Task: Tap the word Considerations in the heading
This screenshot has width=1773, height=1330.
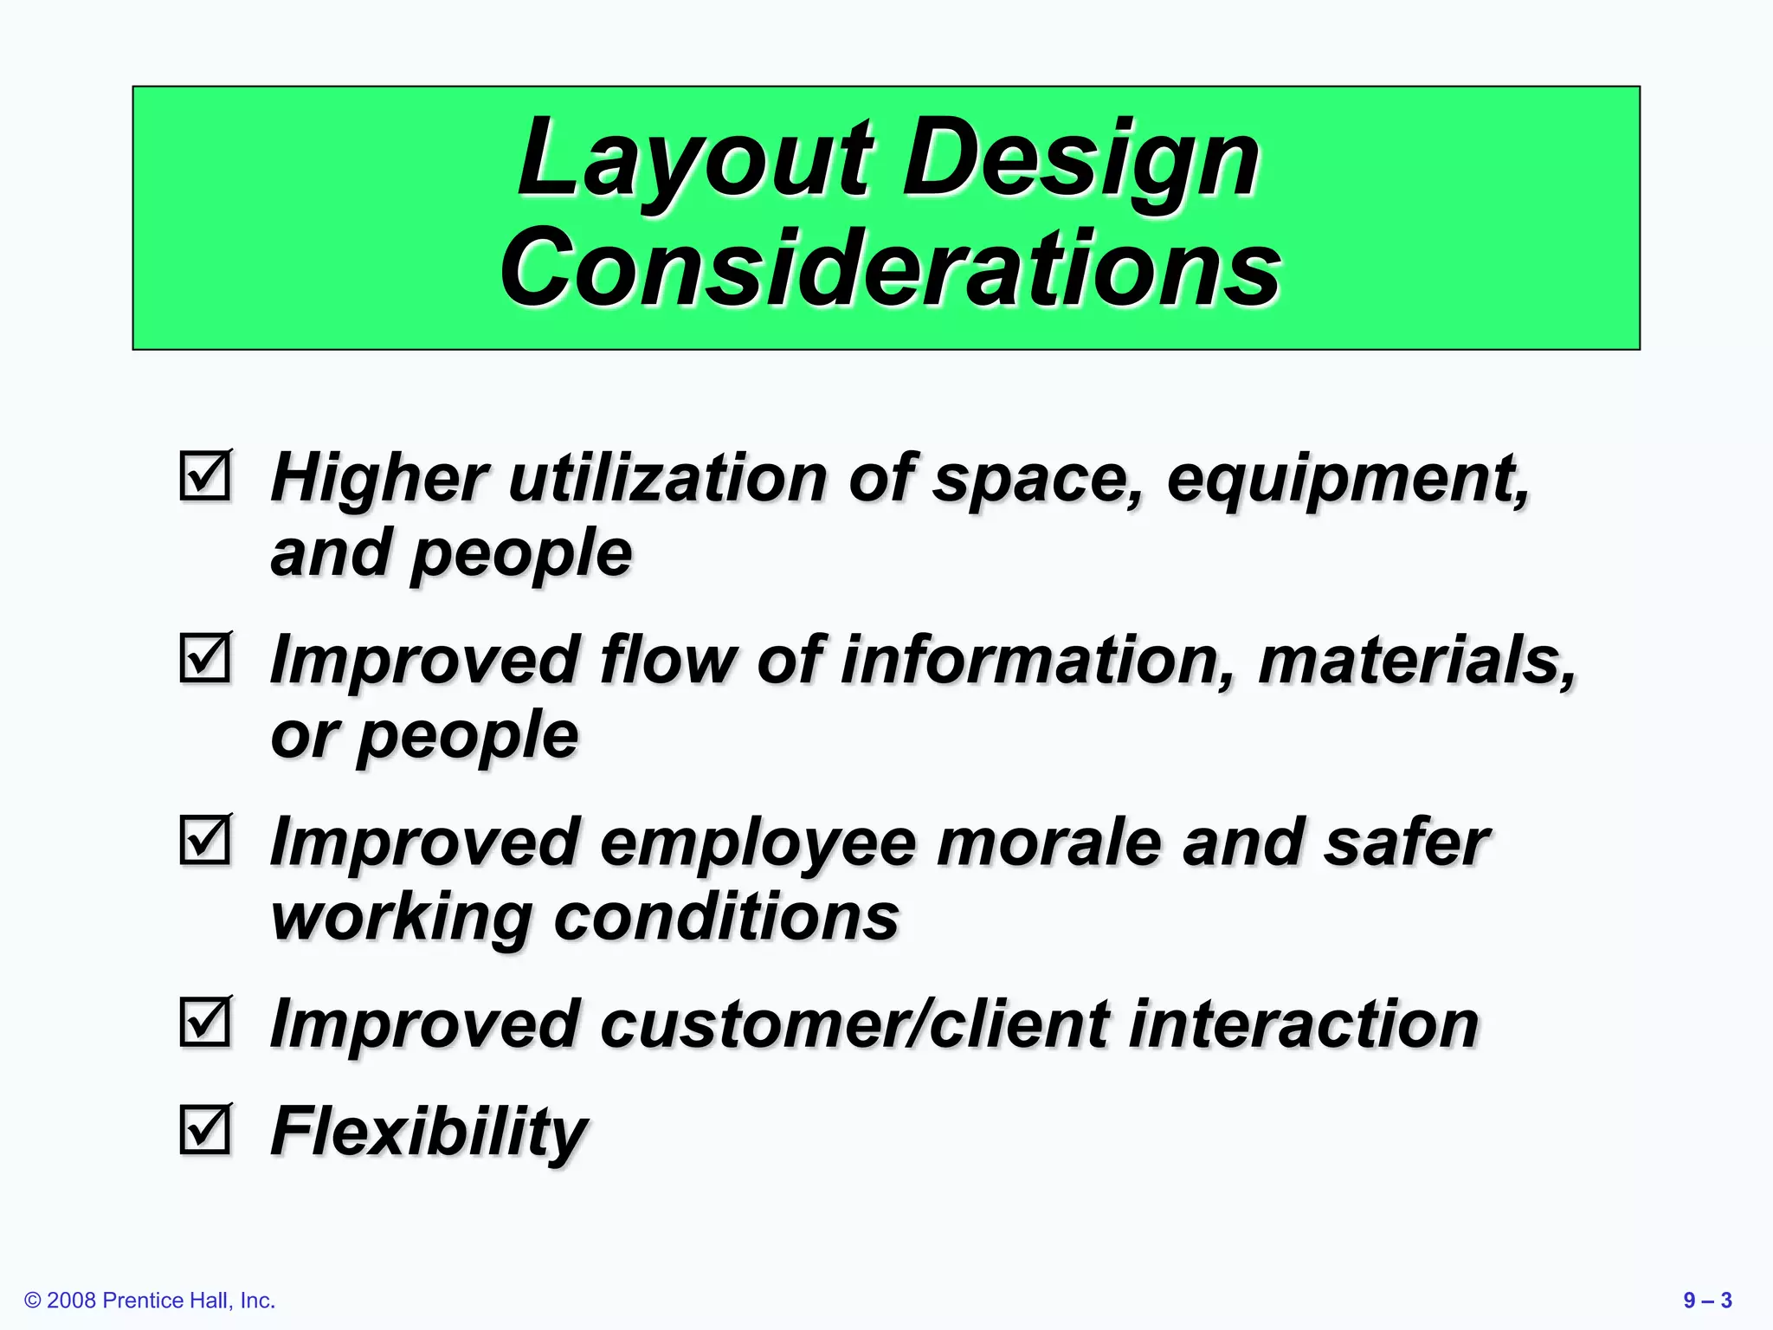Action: coord(890,268)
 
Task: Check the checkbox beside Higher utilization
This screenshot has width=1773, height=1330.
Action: coord(206,475)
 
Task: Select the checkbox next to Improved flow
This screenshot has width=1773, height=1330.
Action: coord(206,658)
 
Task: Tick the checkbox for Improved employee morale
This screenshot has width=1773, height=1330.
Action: coord(206,840)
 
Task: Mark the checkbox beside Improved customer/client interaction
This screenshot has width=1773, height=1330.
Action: coord(206,1022)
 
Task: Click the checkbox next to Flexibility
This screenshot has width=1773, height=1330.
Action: coord(206,1129)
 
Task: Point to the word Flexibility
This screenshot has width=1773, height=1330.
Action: coord(429,1131)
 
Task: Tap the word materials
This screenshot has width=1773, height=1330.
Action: coord(1416,660)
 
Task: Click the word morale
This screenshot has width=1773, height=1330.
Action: coord(1048,843)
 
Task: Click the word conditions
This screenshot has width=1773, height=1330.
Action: coord(726,917)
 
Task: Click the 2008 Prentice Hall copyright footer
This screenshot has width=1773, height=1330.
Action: coord(150,1301)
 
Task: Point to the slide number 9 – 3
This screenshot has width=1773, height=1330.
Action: coord(1707,1301)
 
